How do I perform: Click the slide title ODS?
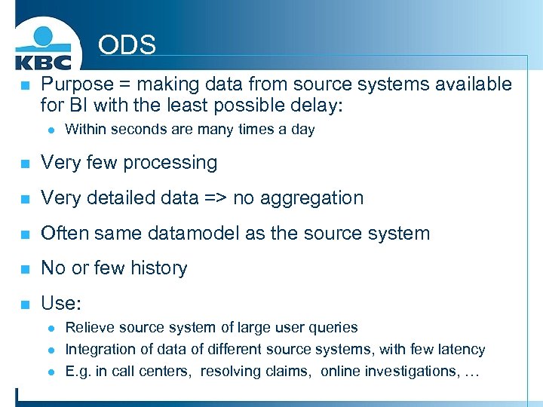click(x=127, y=45)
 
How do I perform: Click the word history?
click(x=155, y=268)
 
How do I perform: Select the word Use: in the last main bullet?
click(x=60, y=304)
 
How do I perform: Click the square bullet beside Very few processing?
click(x=25, y=164)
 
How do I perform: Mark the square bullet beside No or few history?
click(x=25, y=269)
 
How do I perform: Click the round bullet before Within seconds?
click(x=50, y=130)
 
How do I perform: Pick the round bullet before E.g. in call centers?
click(x=50, y=372)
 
